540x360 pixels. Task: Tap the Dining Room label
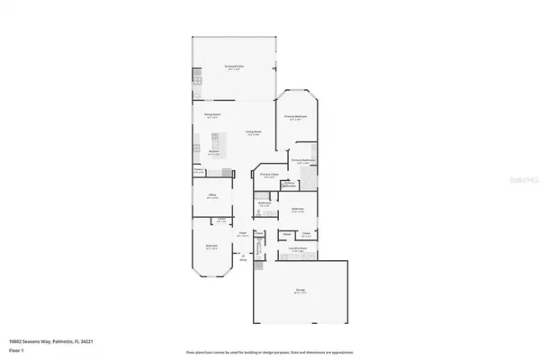tap(212, 116)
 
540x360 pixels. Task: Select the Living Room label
tap(254, 132)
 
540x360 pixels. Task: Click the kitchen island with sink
tap(216, 139)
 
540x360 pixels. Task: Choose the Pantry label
tap(198, 169)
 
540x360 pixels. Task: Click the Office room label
tap(213, 197)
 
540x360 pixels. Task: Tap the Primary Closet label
tap(266, 176)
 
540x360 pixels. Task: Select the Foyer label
tap(242, 234)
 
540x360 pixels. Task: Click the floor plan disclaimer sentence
tap(270, 351)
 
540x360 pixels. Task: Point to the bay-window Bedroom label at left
tap(212, 247)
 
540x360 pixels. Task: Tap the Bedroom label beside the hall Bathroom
tap(297, 211)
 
